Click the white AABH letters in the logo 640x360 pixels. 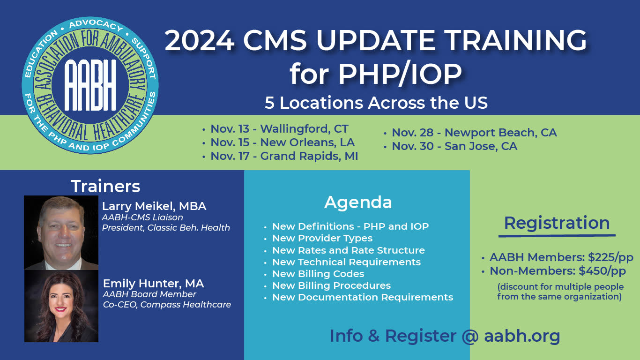(90, 85)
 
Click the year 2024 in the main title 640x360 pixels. (200, 41)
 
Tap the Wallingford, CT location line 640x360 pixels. (279, 129)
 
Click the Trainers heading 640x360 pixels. (105, 186)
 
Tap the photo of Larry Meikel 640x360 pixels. (61, 232)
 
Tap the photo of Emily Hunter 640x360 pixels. (61, 306)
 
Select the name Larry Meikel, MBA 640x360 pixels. (154, 206)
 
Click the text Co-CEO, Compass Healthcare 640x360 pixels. (167, 305)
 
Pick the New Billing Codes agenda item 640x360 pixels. (318, 274)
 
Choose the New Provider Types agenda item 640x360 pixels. (322, 238)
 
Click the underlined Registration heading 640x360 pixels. (557, 223)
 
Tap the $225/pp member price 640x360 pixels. (610, 257)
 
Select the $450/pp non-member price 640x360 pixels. (603, 271)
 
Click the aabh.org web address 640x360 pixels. (522, 336)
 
